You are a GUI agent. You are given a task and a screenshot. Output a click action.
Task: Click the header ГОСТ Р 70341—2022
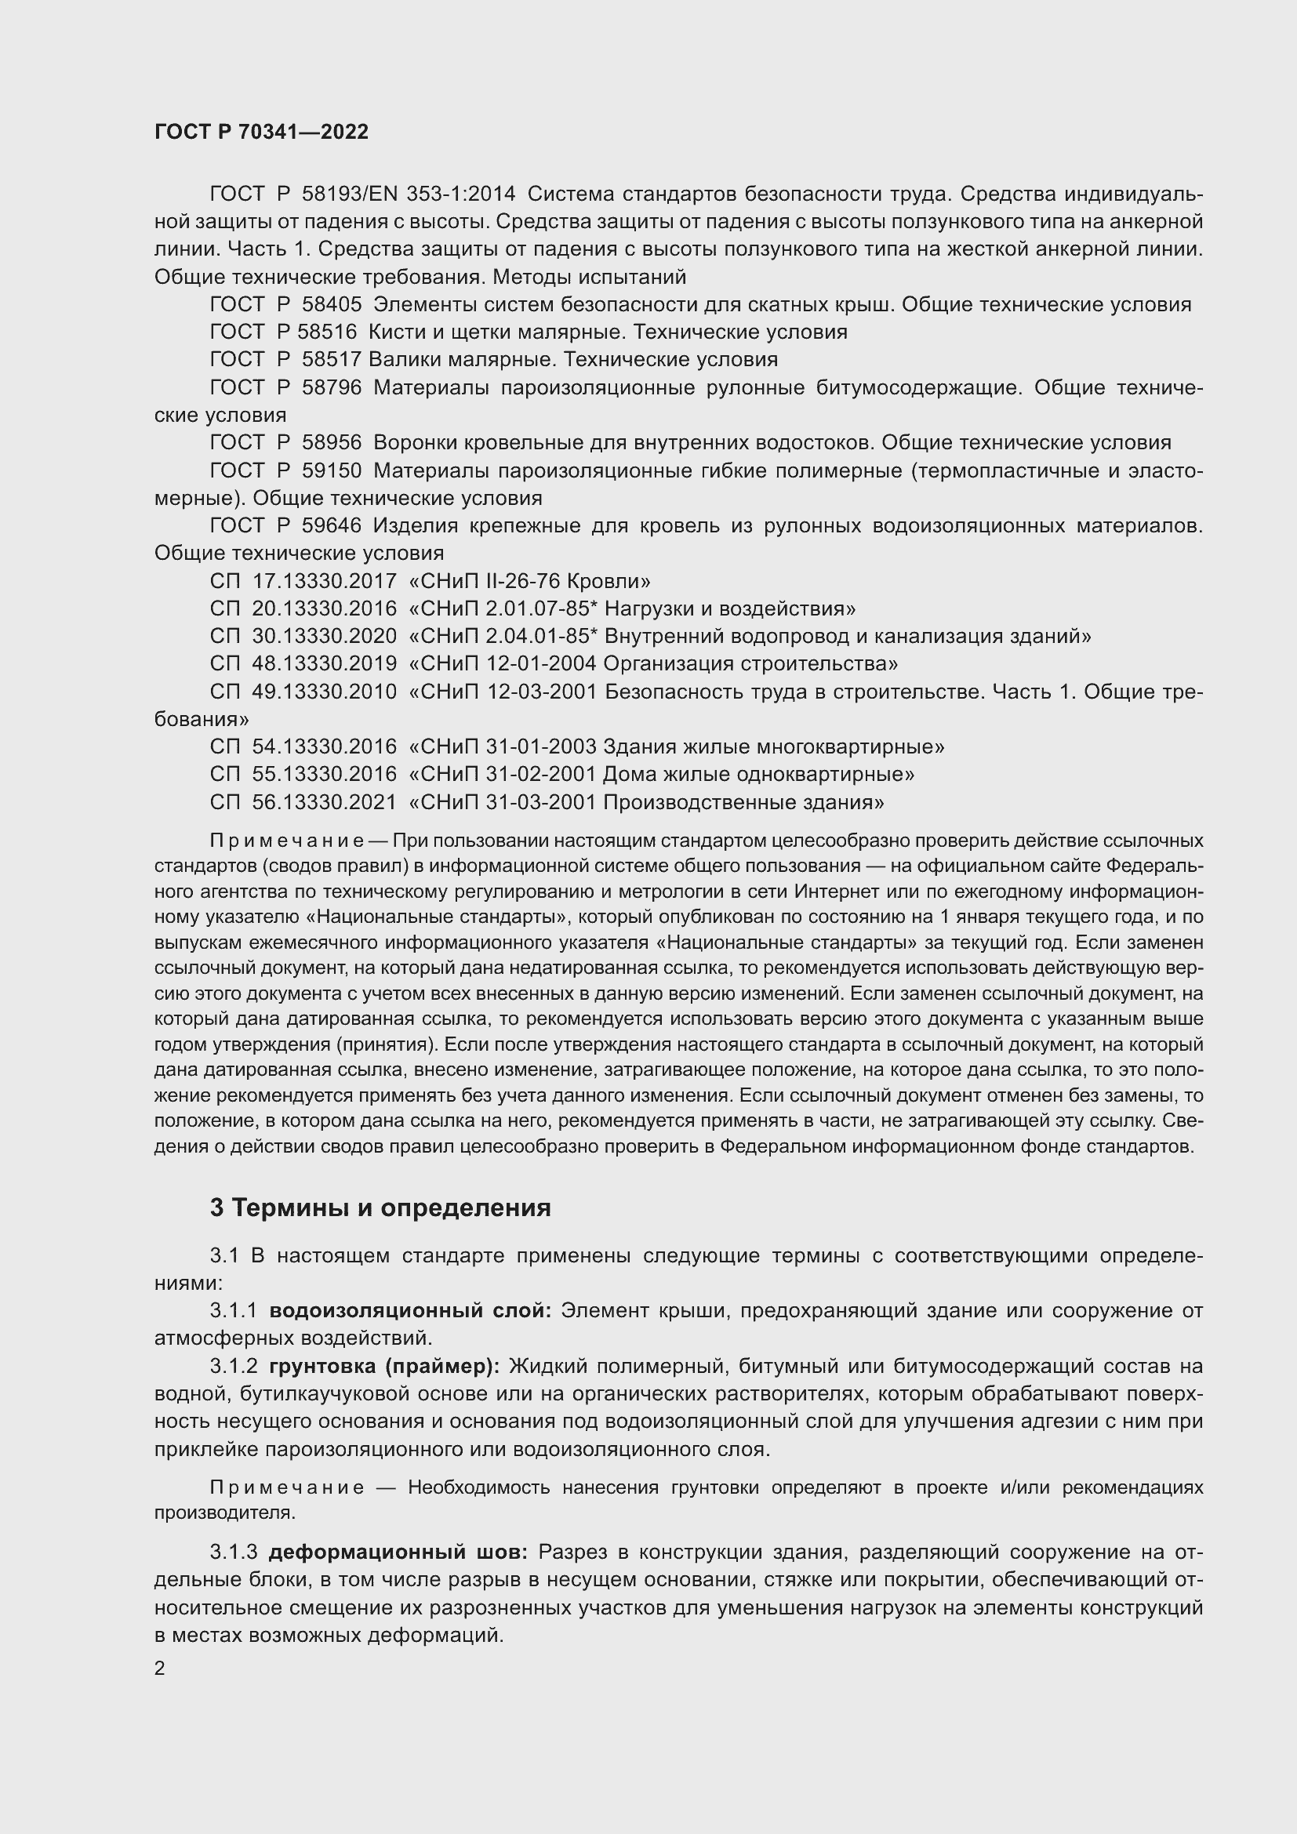[261, 133]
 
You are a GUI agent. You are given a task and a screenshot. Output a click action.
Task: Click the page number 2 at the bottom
[160, 1669]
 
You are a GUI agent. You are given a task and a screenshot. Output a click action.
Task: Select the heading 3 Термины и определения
[380, 1208]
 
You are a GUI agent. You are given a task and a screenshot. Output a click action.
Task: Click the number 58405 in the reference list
[332, 304]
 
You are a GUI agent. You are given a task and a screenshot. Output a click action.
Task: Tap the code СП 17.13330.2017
[303, 581]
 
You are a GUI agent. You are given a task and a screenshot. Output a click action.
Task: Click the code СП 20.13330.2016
[303, 608]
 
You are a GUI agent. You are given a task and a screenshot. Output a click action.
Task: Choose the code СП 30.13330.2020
[303, 636]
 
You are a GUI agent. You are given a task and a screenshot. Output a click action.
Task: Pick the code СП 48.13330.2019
[303, 664]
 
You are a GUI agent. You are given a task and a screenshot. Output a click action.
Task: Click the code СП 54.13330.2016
[303, 747]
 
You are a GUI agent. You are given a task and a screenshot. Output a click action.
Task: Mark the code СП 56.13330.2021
[303, 802]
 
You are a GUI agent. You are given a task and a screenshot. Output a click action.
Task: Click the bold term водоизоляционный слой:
[409, 1311]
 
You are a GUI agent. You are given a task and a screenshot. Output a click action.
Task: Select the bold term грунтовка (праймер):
[384, 1366]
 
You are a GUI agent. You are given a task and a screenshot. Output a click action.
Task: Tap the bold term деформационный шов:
[398, 1552]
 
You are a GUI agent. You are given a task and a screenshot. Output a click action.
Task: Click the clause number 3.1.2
[233, 1366]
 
